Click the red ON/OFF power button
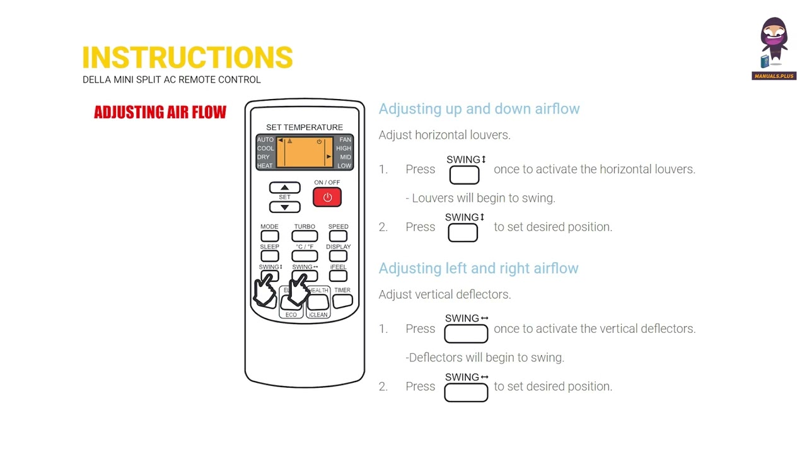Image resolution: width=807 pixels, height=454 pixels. click(327, 197)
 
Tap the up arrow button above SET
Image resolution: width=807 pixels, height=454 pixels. click(284, 187)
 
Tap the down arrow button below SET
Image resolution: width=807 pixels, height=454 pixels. click(284, 207)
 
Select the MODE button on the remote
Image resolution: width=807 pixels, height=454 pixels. click(269, 236)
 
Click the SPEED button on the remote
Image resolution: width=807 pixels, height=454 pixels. click(338, 236)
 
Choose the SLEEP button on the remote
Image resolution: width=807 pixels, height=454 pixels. click(269, 256)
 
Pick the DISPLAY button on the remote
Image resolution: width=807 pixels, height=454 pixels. click(338, 256)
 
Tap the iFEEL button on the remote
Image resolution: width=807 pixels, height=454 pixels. click(338, 276)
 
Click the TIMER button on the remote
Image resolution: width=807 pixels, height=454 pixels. click(342, 301)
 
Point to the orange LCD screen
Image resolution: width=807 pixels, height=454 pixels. click(305, 152)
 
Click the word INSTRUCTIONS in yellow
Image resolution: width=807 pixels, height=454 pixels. click(187, 57)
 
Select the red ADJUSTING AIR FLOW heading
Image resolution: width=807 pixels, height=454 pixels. click(160, 112)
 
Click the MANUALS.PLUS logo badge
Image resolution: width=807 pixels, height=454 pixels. click(774, 76)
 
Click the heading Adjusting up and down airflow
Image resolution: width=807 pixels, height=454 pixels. click(479, 109)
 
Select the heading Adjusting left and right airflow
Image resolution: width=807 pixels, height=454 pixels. click(479, 269)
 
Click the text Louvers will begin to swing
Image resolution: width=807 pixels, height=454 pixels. click(484, 198)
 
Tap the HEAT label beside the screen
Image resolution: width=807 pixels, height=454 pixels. click(265, 166)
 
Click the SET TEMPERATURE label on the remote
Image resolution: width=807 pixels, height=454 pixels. click(305, 127)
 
